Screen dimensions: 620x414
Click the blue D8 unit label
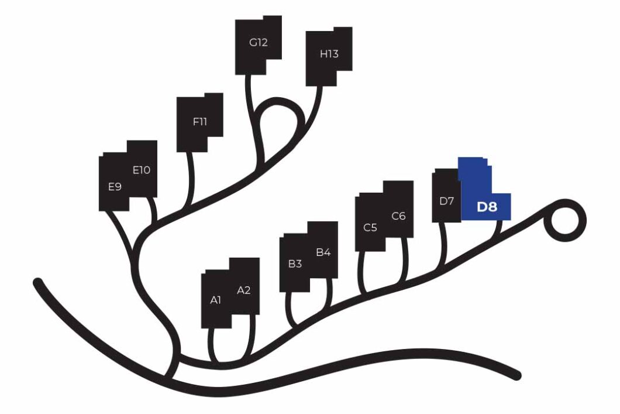pyautogui.click(x=487, y=207)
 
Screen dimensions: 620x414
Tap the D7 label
pyautogui.click(x=446, y=201)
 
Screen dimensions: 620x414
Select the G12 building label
pyautogui.click(x=258, y=42)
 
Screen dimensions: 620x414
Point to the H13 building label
pyautogui.click(x=329, y=54)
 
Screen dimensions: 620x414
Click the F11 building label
pyautogui.click(x=200, y=122)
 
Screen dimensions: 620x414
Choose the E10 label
pyautogui.click(x=141, y=170)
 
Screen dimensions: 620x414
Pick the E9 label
pyautogui.click(x=115, y=187)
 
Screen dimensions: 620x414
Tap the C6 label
pyautogui.click(x=398, y=216)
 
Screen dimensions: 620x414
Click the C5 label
pyautogui.click(x=370, y=228)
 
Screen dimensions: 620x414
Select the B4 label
pyautogui.click(x=323, y=252)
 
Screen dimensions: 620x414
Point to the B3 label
pyautogui.click(x=295, y=264)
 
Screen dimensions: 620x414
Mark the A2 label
pyautogui.click(x=243, y=290)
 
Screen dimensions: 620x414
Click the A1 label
pyautogui.click(x=215, y=300)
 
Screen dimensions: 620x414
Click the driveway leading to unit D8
pyautogui.click(x=499, y=226)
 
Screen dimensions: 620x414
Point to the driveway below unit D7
pyautogui.click(x=443, y=244)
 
